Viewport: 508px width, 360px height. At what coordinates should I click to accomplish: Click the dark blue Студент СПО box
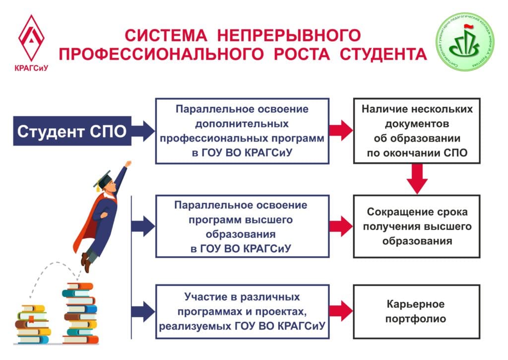coord(72,131)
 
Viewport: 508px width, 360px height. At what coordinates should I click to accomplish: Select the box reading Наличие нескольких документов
coord(417,131)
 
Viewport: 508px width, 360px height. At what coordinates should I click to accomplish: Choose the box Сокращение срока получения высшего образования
coord(417,226)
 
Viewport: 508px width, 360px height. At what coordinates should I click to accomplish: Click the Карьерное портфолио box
coord(417,311)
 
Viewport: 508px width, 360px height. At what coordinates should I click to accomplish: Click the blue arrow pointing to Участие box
coord(143,311)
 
